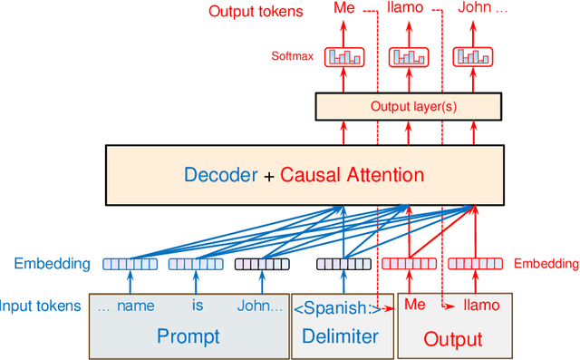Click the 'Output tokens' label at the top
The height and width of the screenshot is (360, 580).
point(256,11)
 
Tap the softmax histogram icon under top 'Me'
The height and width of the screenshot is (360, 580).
point(344,56)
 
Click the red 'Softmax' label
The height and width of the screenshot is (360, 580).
point(292,56)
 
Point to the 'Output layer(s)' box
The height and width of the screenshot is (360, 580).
point(410,107)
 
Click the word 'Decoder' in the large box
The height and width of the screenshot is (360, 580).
point(221,174)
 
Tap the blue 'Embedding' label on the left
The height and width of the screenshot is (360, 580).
point(52,264)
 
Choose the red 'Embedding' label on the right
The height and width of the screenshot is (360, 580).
point(546,264)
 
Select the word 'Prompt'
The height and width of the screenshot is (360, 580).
point(188,336)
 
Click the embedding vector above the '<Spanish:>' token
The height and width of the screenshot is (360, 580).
point(343,264)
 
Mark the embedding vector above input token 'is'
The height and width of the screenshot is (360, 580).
point(197,264)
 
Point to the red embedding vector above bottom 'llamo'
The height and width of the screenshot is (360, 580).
point(476,264)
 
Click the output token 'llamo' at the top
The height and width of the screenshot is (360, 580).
point(405,10)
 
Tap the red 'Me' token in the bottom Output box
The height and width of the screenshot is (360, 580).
point(414,306)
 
